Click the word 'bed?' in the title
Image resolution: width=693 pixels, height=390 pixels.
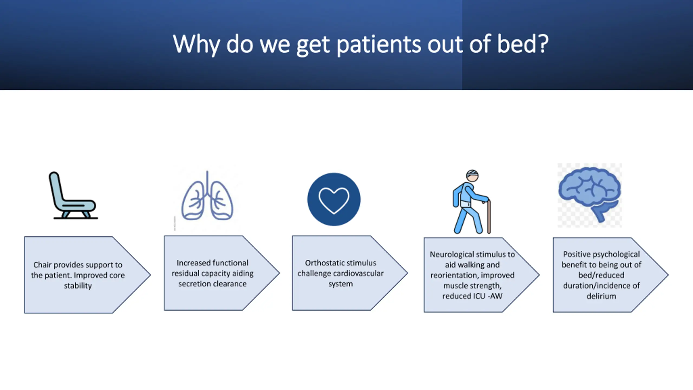pyautogui.click(x=523, y=44)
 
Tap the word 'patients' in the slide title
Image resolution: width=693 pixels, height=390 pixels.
pyautogui.click(x=379, y=45)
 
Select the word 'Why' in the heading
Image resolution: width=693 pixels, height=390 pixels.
pyautogui.click(x=196, y=45)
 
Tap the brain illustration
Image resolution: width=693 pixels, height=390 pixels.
pyautogui.click(x=590, y=194)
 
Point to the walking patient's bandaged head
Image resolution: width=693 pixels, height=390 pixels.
pyautogui.click(x=472, y=176)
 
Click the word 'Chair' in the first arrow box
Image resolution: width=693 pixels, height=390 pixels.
pyautogui.click(x=43, y=265)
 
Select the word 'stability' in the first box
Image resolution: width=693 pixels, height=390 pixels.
pyautogui.click(x=78, y=286)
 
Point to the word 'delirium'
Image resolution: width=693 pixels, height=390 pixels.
pyautogui.click(x=601, y=296)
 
